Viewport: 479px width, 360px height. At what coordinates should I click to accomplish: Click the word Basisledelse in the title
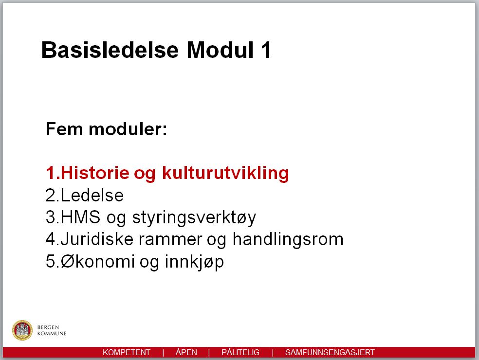coord(110,50)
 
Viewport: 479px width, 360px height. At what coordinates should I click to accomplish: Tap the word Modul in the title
coord(221,50)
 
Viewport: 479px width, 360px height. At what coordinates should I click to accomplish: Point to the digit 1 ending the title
coord(266,50)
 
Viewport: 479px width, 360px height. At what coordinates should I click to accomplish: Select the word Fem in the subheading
coord(64,129)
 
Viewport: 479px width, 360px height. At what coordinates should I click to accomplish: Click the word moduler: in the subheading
coord(128,129)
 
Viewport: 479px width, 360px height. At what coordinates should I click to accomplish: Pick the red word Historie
coord(95,173)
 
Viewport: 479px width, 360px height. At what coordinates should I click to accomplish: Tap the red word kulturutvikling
coord(225,173)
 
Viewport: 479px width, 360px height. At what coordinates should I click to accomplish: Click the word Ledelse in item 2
coord(92,196)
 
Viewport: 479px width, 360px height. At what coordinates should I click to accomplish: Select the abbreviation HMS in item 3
coord(80,217)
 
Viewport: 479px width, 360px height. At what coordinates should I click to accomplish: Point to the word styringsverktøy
coord(194,218)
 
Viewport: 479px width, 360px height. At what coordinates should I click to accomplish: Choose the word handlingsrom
coord(288,239)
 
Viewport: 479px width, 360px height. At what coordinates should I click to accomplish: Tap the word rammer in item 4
coord(170,240)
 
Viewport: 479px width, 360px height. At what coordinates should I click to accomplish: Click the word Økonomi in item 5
coord(98,261)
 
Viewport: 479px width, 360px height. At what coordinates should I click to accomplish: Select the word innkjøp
coord(194,262)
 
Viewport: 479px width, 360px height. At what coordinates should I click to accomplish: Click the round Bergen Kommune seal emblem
coord(22,330)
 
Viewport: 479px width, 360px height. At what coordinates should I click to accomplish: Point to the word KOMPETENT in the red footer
coord(127,352)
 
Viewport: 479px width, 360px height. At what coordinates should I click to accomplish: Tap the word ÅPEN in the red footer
coord(186,352)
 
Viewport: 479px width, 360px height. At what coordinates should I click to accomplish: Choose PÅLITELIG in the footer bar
coord(240,352)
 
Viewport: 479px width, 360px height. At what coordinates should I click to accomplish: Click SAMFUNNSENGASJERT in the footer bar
coord(330,352)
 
